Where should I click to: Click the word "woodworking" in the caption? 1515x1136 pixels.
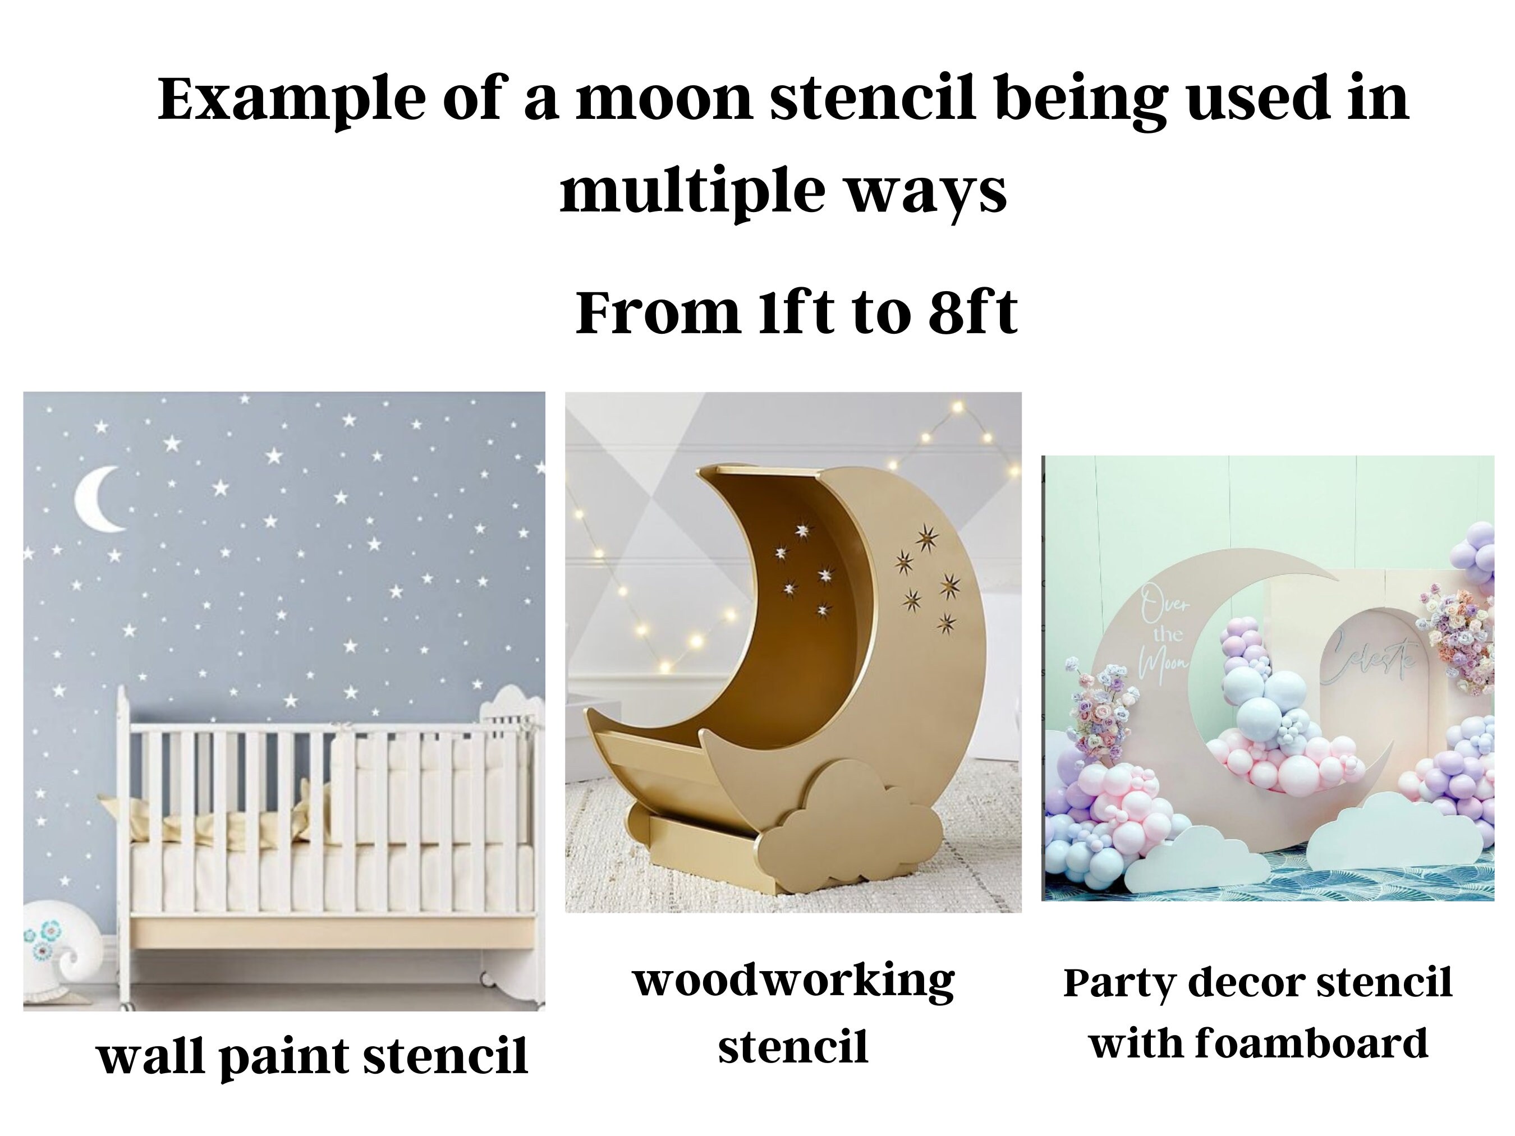[x=794, y=981]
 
